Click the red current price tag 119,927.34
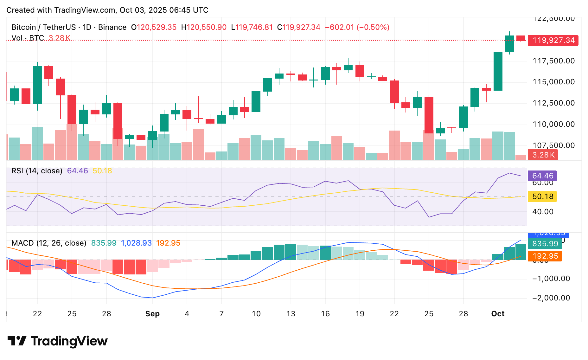pyautogui.click(x=553, y=41)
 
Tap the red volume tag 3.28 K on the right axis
pyautogui.click(x=543, y=155)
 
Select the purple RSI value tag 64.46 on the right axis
pyautogui.click(x=542, y=176)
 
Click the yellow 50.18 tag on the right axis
pyautogui.click(x=542, y=196)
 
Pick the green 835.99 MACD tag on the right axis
pyautogui.click(x=545, y=244)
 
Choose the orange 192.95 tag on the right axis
pyautogui.click(x=545, y=256)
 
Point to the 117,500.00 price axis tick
pyautogui.click(x=553, y=61)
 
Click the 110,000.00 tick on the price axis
pyautogui.click(x=553, y=124)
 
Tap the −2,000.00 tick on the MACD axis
pyautogui.click(x=551, y=298)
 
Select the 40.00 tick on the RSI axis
pyautogui.click(x=543, y=212)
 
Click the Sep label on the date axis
pyautogui.click(x=152, y=314)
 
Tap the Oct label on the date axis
pyautogui.click(x=498, y=314)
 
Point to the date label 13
pyautogui.click(x=291, y=314)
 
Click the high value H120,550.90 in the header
pyautogui.click(x=204, y=27)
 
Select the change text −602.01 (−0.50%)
pyautogui.click(x=357, y=27)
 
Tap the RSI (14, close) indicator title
pyautogui.click(x=37, y=171)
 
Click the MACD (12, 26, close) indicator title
pyautogui.click(x=49, y=243)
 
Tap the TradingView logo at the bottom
pyautogui.click(x=58, y=341)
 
